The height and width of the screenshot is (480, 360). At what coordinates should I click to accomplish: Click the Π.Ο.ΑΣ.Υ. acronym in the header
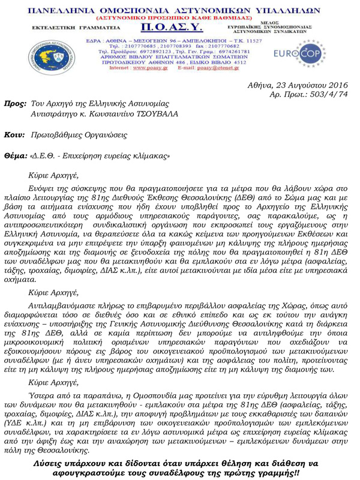coord(172,29)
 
